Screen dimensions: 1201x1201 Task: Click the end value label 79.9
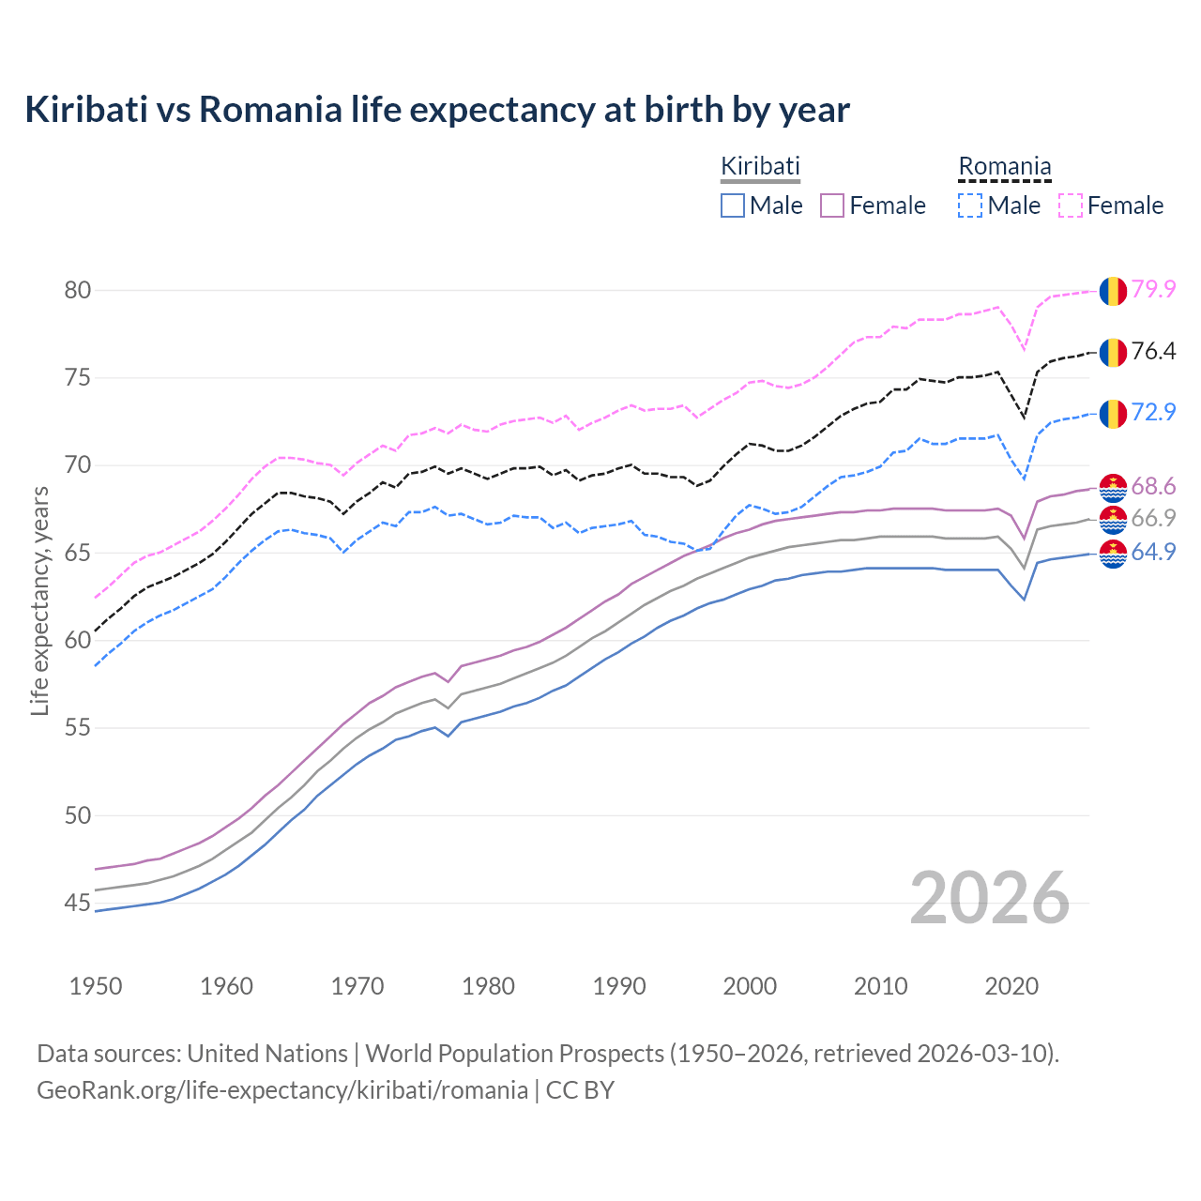coord(1153,289)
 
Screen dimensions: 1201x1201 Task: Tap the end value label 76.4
coord(1153,351)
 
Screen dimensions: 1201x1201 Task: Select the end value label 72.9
coord(1153,412)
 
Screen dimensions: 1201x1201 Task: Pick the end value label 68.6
coord(1153,486)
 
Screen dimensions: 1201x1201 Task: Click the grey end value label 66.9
coord(1153,518)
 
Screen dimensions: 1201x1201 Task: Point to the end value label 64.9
coord(1153,552)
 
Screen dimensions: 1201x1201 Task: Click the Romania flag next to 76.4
coord(1113,353)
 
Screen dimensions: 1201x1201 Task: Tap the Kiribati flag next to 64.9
coord(1113,554)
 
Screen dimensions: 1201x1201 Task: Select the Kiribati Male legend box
coord(733,205)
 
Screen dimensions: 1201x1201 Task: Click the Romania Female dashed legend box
coord(1071,205)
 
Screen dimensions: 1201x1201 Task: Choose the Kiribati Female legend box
coord(832,205)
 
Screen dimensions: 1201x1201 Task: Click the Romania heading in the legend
coord(1004,167)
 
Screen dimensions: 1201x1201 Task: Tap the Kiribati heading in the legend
coord(760,167)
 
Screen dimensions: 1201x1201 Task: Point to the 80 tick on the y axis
coord(78,290)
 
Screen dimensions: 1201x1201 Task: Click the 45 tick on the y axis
coord(78,903)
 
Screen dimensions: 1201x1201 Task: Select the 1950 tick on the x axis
coord(96,986)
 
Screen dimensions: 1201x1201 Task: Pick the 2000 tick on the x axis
coord(750,986)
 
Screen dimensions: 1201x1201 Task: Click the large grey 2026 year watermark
coord(989,898)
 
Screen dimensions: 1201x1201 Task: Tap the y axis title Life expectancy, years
coord(39,600)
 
